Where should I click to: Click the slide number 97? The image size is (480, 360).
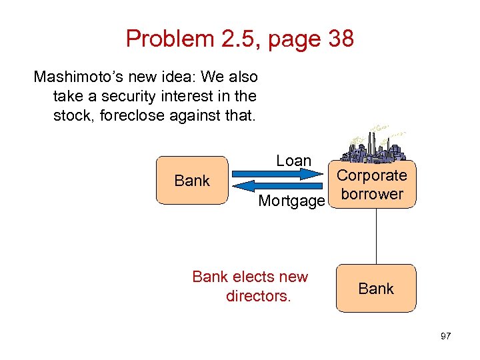tap(446, 335)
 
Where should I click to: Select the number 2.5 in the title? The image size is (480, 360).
tap(236, 39)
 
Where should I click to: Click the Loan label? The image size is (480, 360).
tap(293, 161)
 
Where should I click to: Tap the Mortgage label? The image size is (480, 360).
tap(291, 201)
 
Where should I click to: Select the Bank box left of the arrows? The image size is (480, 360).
tap(192, 180)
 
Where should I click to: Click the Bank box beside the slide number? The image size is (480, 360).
tap(376, 289)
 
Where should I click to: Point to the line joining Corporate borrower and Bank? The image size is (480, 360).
tap(377, 237)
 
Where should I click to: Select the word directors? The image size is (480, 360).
tap(258, 295)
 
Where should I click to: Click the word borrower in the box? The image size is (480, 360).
tap(371, 194)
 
